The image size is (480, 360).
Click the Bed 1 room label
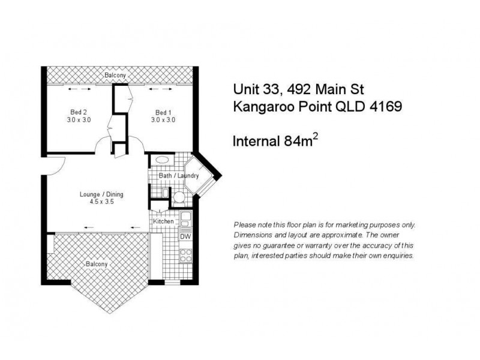tap(163, 112)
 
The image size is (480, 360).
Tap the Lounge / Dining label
tap(97, 194)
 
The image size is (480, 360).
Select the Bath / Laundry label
tap(178, 176)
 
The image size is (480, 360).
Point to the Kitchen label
tap(163, 221)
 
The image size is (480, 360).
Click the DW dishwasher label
tap(185, 236)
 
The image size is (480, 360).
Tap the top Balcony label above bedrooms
tap(115, 75)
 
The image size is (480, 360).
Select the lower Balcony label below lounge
tap(96, 264)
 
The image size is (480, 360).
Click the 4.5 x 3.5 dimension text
tap(97, 202)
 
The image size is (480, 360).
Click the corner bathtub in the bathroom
tap(198, 174)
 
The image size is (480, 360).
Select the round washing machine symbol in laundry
tap(178, 197)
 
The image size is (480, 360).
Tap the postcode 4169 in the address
tap(384, 106)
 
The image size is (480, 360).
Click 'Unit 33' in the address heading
tap(254, 89)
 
